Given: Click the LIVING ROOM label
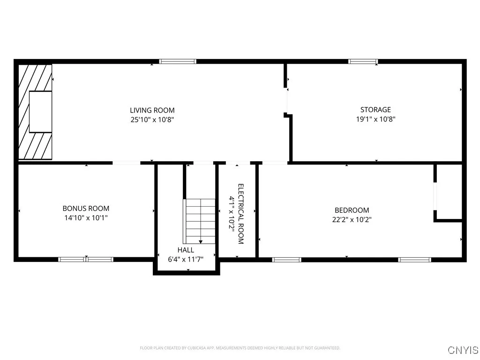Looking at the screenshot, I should pyautogui.click(x=152, y=110).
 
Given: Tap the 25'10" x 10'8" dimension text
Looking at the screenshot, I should pyautogui.click(x=152, y=120).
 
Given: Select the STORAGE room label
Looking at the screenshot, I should pyautogui.click(x=375, y=110).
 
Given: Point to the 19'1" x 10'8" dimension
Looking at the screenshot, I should pyautogui.click(x=375, y=119).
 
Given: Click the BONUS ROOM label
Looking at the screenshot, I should pyautogui.click(x=86, y=208).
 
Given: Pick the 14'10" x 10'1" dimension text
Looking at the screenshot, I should pyautogui.click(x=86, y=217).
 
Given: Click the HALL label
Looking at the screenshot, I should pyautogui.click(x=186, y=250).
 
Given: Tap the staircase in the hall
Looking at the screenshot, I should pyautogui.click(x=199, y=220).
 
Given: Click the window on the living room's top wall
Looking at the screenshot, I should pyautogui.click(x=178, y=61).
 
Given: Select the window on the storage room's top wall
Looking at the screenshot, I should pyautogui.click(x=363, y=61).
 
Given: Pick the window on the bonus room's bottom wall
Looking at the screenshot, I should pyautogui.click(x=86, y=259).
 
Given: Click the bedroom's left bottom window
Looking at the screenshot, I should pyautogui.click(x=286, y=259).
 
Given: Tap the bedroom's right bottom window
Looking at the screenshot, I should pyautogui.click(x=414, y=259).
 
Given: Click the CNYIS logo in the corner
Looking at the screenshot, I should pyautogui.click(x=463, y=350).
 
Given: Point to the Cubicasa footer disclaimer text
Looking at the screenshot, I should pyautogui.click(x=240, y=348).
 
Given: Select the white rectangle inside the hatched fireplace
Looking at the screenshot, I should pyautogui.click(x=40, y=112).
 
